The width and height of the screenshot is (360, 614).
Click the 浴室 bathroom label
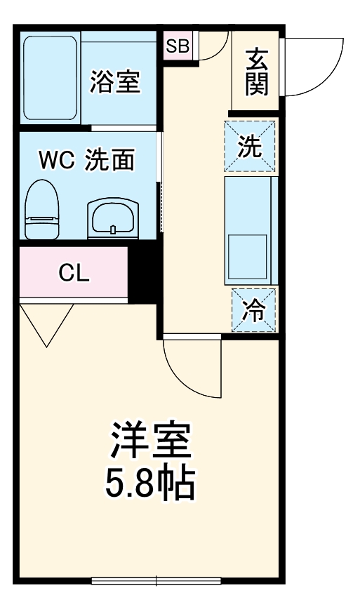(116, 82)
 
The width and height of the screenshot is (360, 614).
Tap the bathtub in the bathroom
(49, 77)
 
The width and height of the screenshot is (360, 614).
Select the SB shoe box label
(178, 47)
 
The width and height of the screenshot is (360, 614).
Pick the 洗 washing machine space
(250, 146)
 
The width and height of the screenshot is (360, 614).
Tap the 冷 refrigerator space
(253, 309)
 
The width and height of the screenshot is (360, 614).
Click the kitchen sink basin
(248, 258)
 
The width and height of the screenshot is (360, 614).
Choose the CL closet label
(74, 273)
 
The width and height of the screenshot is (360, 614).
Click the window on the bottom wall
(156, 580)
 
